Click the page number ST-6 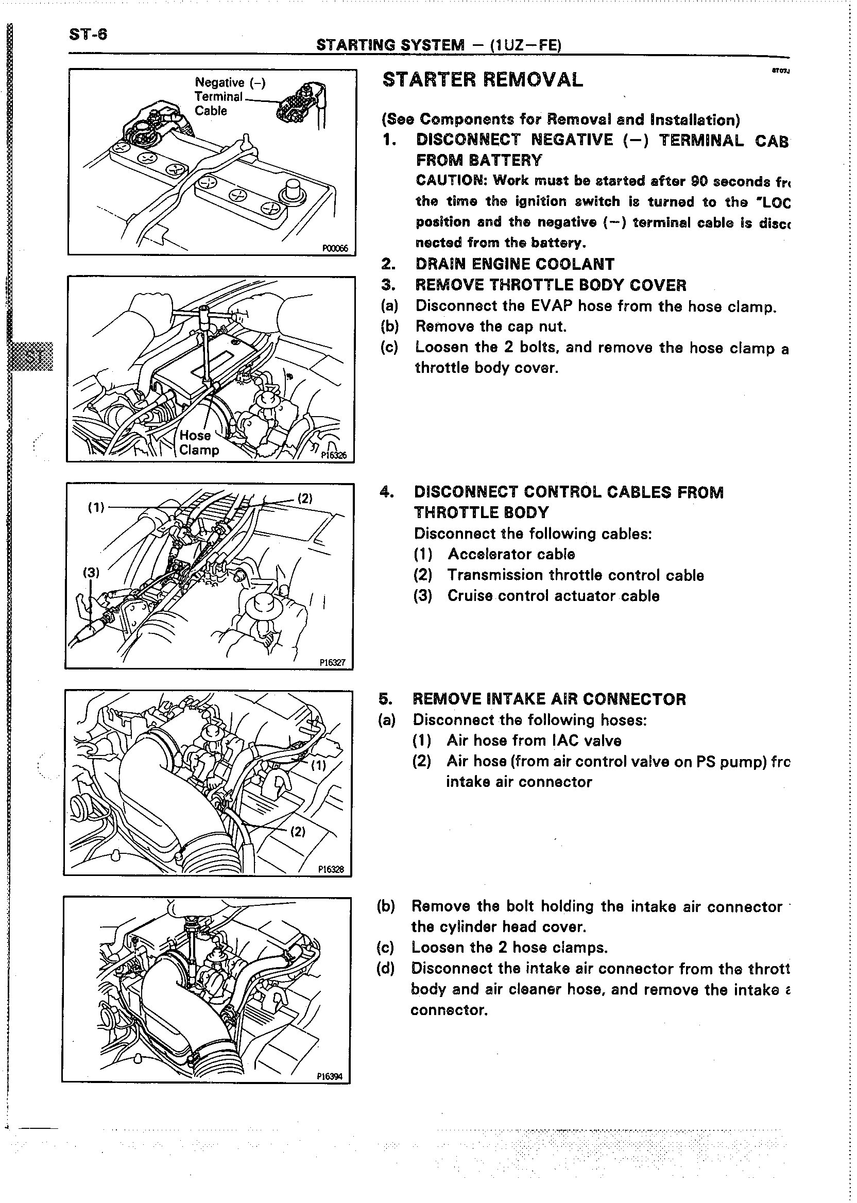(x=88, y=35)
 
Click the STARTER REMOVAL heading (x=483, y=80)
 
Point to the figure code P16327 (x=333, y=662)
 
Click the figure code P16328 (x=331, y=869)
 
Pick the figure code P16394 (x=330, y=1076)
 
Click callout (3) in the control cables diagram (x=91, y=572)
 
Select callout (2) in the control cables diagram (x=305, y=498)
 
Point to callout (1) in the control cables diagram (x=96, y=508)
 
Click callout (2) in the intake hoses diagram (x=298, y=832)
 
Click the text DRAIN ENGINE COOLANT (x=515, y=264)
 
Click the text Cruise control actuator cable (x=553, y=596)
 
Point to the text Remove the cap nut (x=491, y=326)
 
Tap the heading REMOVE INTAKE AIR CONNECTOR (x=549, y=699)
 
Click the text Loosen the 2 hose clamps (x=509, y=948)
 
